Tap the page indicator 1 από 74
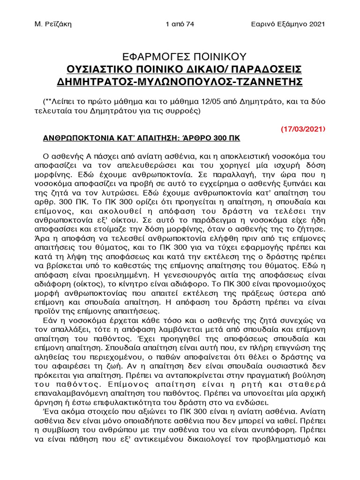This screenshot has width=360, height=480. coord(180,24)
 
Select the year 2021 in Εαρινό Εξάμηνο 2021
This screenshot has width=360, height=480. coord(316,24)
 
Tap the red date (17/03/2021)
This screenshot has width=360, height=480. coord(303,129)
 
